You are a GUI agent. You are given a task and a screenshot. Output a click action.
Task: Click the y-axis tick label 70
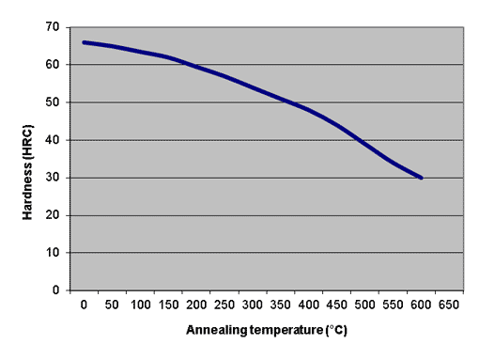[53, 27]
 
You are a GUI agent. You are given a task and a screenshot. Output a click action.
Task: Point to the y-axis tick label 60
[53, 65]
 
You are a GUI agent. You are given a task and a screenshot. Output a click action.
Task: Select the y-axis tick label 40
[53, 140]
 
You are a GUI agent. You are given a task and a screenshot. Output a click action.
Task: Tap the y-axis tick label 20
[53, 215]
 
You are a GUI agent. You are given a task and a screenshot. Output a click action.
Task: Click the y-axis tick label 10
[53, 253]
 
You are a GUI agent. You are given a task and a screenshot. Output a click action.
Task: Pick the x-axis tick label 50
[112, 305]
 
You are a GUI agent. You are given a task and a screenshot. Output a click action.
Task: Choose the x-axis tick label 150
[168, 305]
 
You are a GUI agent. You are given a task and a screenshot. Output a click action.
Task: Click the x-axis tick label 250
[224, 305]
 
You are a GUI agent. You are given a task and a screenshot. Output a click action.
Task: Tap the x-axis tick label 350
[281, 305]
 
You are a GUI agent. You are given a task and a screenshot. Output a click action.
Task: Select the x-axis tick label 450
[336, 305]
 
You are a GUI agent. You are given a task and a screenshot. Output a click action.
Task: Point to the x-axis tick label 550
[393, 305]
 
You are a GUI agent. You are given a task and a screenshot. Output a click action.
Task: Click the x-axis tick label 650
[449, 305]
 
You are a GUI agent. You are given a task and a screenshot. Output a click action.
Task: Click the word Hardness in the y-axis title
[27, 191]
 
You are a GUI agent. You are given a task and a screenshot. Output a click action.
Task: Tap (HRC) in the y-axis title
[27, 143]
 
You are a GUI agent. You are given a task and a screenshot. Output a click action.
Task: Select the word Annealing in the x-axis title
[216, 330]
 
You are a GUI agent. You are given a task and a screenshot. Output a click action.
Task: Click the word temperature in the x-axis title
[286, 331]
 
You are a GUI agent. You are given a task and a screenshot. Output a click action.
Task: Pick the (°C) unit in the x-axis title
[336, 330]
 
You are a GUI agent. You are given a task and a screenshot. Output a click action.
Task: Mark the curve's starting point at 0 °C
[85, 42]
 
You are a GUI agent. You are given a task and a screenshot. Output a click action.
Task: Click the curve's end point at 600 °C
[422, 178]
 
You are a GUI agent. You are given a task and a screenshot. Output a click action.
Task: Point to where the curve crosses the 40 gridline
[360, 140]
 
